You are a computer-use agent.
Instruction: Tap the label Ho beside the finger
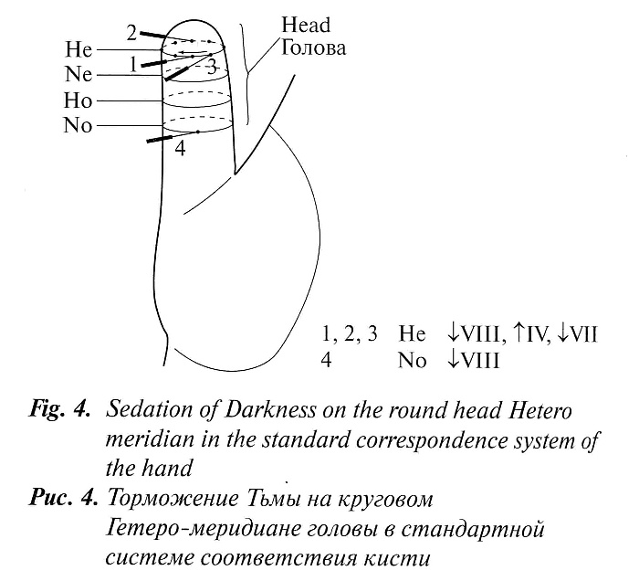[x=79, y=100]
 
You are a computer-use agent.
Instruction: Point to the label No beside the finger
[x=79, y=125]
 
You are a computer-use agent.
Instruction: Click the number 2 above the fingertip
[x=132, y=34]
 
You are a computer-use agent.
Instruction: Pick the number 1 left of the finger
[x=135, y=63]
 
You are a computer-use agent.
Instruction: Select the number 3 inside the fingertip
[x=211, y=67]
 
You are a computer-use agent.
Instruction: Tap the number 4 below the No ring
[x=180, y=148]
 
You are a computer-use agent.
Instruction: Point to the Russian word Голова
[x=313, y=47]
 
